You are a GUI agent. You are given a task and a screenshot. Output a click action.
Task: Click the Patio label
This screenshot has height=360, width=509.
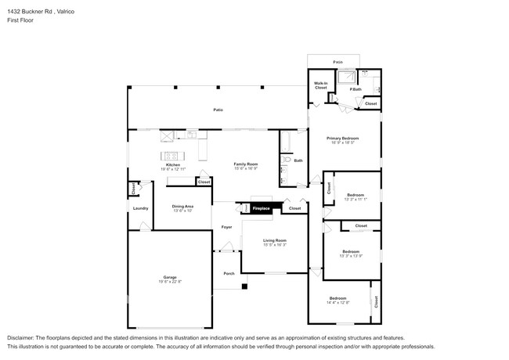pos(218,110)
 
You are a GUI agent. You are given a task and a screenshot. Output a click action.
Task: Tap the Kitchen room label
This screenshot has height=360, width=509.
pos(173,164)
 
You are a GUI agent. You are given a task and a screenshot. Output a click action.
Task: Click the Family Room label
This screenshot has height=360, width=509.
pos(245,164)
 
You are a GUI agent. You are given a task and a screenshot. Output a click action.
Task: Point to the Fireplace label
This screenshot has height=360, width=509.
pos(260,208)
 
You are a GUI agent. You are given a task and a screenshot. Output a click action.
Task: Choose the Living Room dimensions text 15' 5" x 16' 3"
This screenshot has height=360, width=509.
pos(274,245)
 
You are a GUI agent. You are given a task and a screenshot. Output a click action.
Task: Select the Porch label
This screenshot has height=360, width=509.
pos(229,273)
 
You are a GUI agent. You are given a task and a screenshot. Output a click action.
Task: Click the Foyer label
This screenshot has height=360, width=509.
pos(226,227)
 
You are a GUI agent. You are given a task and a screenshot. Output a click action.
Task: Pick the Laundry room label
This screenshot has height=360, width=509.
pos(141,208)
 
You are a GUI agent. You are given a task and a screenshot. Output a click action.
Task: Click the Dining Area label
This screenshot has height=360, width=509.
pos(182,206)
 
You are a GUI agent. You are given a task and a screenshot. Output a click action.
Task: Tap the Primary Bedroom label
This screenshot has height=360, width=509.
pos(342,138)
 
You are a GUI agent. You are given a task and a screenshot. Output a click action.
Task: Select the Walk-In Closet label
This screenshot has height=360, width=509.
pos(320,85)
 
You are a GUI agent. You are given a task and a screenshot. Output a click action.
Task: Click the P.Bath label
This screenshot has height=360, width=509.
pos(356,89)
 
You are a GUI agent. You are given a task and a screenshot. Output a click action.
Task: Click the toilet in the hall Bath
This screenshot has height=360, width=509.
pos(287,160)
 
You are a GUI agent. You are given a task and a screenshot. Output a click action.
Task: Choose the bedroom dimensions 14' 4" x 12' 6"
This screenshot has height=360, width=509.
pos(338,303)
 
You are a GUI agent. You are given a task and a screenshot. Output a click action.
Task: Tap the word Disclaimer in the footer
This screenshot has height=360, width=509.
pos(23,337)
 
